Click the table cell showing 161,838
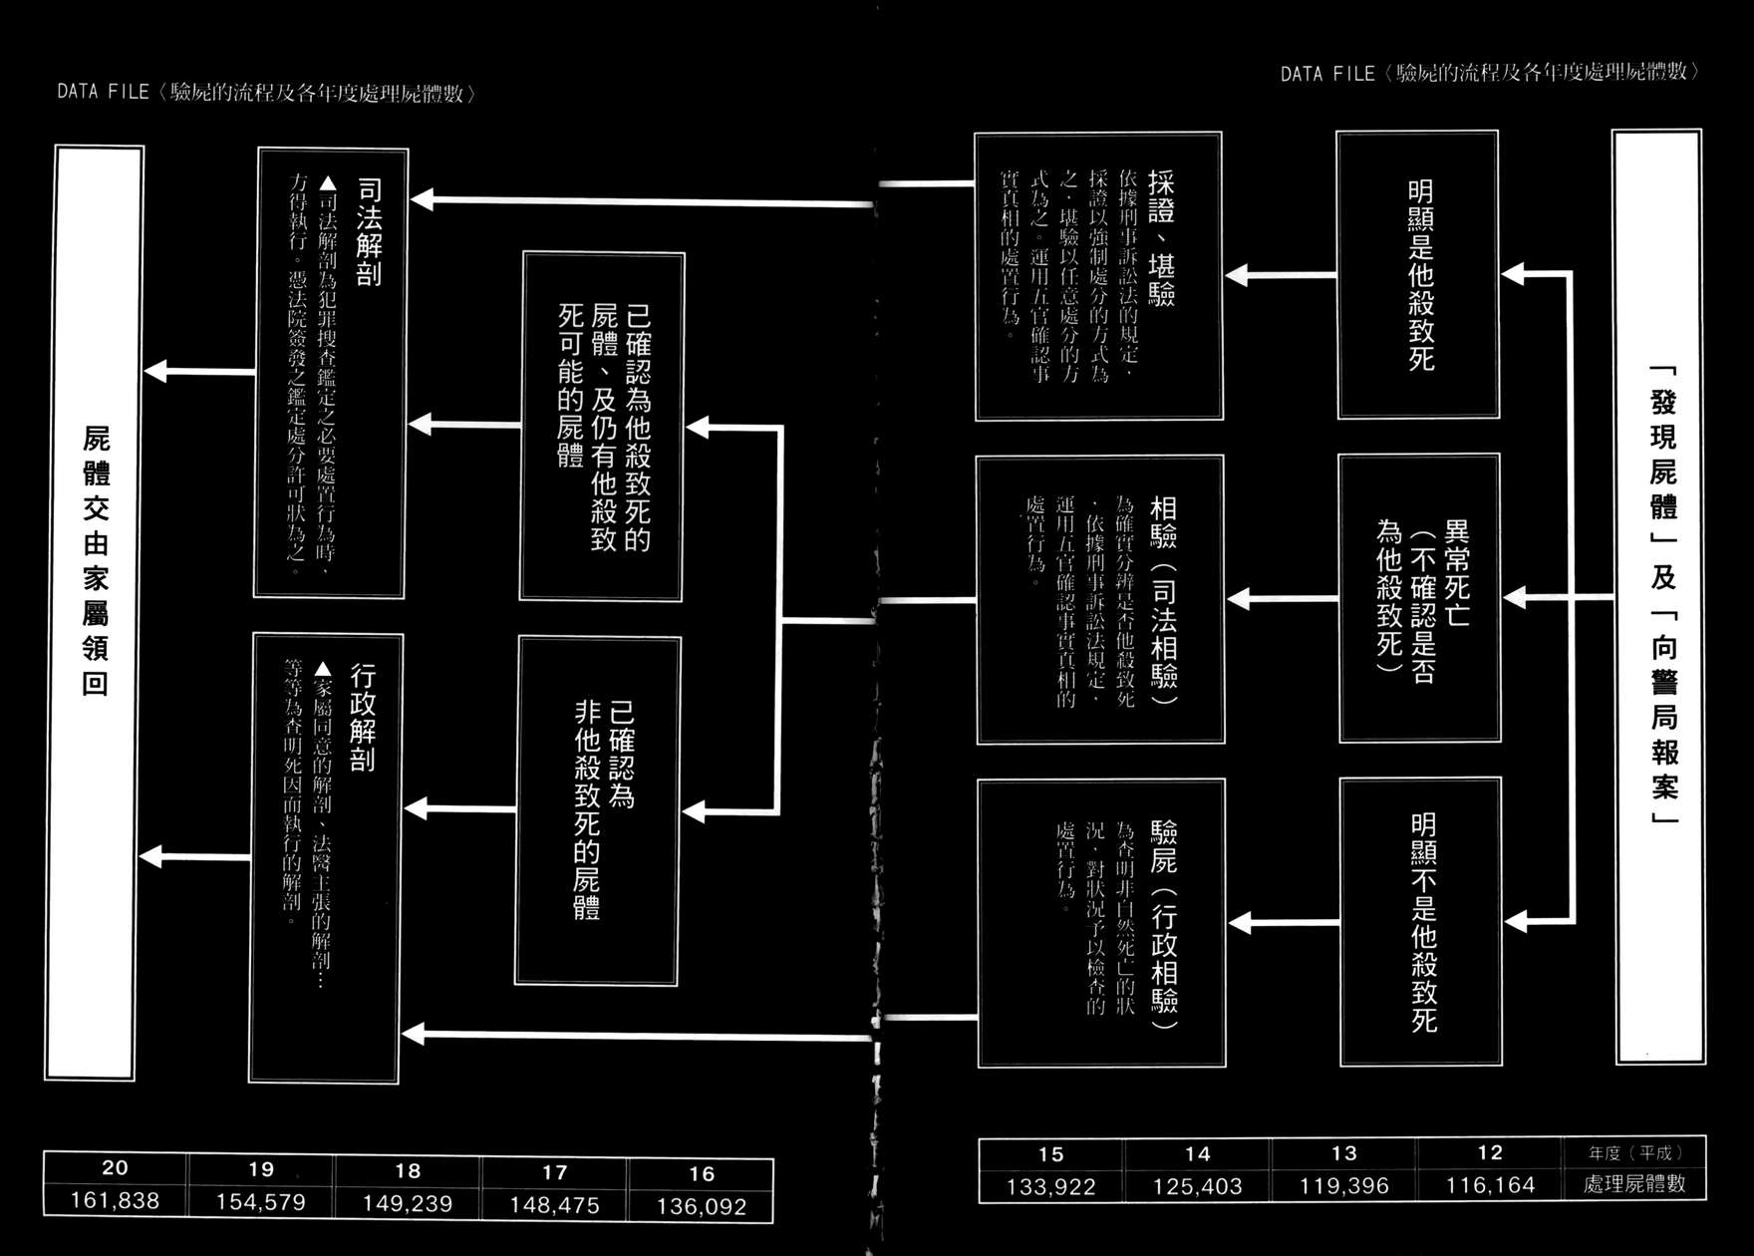coord(115,1201)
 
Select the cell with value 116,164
coord(1490,1185)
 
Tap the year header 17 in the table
coord(554,1172)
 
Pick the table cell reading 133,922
coord(1050,1187)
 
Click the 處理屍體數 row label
coord(1634,1184)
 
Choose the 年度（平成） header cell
coord(1634,1153)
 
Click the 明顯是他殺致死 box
coord(1418,275)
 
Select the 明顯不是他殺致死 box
coord(1421,922)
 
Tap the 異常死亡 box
coord(1419,598)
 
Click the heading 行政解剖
coord(363,719)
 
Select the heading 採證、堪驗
coord(1161,237)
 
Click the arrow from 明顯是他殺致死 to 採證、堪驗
coord(1281,275)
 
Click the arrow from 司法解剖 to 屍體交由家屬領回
coord(200,372)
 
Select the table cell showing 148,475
coord(554,1205)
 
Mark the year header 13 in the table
coord(1343,1153)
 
